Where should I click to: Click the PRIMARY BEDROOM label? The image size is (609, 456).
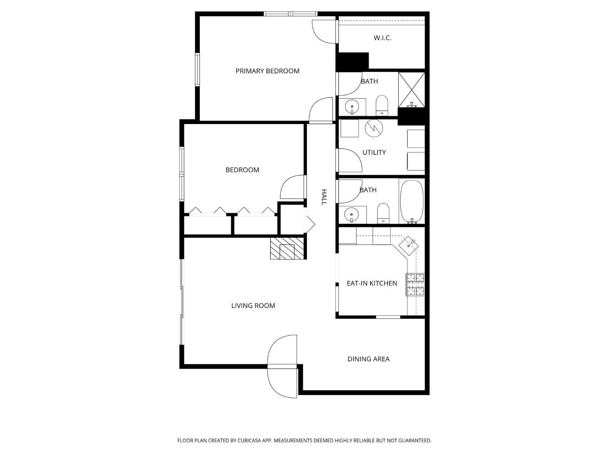(267, 71)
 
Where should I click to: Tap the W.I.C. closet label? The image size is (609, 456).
(382, 38)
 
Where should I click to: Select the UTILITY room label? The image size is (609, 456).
(374, 152)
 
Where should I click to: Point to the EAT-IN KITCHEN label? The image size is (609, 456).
(371, 283)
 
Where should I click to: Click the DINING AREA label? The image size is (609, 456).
(368, 359)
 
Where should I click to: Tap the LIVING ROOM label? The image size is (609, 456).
(253, 306)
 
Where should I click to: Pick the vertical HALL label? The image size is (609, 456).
(324, 197)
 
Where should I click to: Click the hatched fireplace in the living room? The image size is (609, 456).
(287, 248)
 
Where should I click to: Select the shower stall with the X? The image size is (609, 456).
(411, 90)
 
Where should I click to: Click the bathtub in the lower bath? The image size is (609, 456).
(412, 201)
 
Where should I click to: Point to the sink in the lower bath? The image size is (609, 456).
(352, 214)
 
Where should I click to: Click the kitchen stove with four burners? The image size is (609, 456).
(415, 285)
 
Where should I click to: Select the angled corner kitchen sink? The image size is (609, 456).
(408, 245)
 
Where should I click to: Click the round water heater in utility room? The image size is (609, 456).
(374, 128)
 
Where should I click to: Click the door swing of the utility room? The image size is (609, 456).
(349, 160)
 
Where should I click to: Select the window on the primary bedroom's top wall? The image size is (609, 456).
(290, 14)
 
